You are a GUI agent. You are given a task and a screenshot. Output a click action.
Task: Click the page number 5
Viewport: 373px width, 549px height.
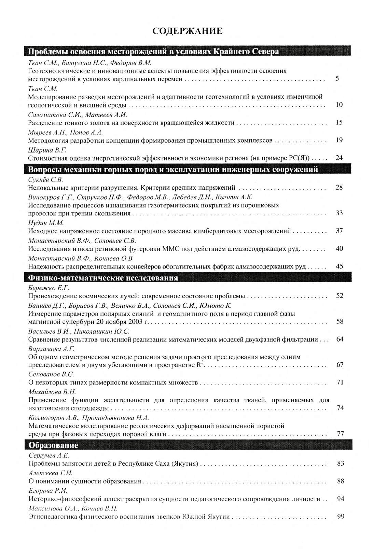[x=337, y=79]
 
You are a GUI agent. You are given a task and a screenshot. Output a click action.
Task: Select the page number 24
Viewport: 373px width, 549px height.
[x=339, y=158]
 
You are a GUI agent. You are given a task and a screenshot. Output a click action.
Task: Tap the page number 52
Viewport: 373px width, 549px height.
[x=339, y=295]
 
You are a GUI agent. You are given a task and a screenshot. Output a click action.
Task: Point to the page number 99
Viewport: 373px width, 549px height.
[x=340, y=516]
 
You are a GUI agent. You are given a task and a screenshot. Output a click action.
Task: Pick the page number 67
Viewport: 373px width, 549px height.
[x=340, y=364]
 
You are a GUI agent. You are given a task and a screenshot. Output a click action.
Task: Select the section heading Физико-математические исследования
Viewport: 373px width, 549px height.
[x=103, y=278]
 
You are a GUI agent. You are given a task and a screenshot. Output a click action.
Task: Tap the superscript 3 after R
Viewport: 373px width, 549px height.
[x=202, y=362]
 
